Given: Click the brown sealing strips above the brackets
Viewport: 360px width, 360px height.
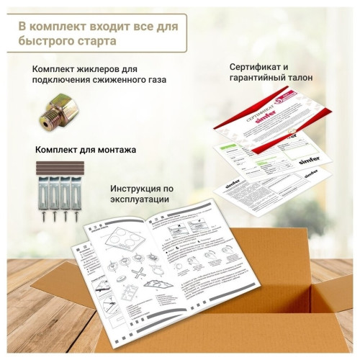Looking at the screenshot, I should (56, 168).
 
